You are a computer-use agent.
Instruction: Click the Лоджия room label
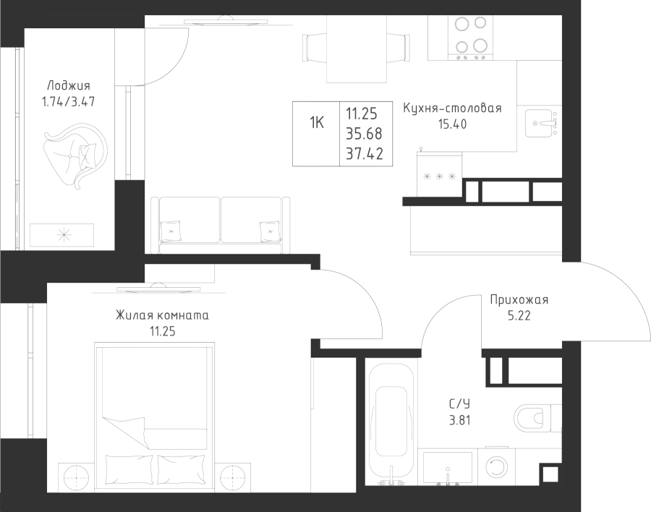click(x=69, y=86)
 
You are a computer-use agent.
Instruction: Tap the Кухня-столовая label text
click(x=452, y=108)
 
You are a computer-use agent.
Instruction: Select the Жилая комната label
click(x=162, y=315)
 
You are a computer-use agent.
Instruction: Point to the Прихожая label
click(x=519, y=300)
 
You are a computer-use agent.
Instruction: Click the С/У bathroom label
click(x=459, y=404)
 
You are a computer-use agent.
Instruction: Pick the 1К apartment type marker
click(x=316, y=122)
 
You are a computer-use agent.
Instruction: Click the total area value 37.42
click(x=365, y=153)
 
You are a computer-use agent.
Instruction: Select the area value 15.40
click(x=452, y=124)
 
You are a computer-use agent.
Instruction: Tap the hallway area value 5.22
click(x=519, y=316)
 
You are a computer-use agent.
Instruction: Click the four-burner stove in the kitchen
click(x=470, y=38)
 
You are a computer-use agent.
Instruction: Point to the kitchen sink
click(x=541, y=124)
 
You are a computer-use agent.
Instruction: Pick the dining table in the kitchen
click(x=357, y=49)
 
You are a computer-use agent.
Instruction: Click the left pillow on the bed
click(x=130, y=469)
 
